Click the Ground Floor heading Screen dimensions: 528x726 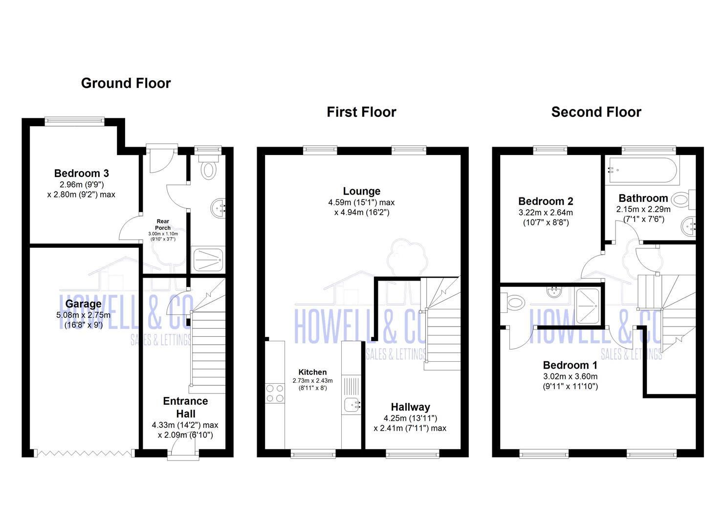pos(126,83)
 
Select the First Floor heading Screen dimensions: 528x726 pos(361,112)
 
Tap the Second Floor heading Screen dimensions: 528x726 pos(596,112)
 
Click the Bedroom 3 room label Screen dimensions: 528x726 pos(81,173)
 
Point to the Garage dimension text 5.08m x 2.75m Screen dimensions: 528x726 pos(83,315)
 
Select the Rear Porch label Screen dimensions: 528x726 pos(163,225)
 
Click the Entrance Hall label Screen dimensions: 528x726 pos(185,407)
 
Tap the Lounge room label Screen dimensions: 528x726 pos(361,191)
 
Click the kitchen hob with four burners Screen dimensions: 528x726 pos(275,393)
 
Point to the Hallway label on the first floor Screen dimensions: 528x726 pos(410,407)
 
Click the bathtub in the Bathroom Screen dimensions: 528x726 pos(642,171)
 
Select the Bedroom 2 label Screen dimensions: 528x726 pos(546,201)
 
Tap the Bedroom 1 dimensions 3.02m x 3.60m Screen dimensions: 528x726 pos(570,376)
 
